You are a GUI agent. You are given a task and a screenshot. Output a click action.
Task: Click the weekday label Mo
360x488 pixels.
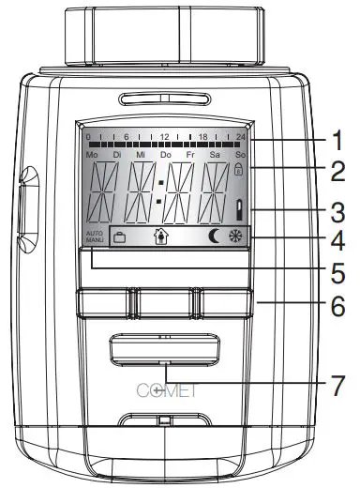tap(91, 154)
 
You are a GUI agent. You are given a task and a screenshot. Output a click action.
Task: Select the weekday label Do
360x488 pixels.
tap(166, 154)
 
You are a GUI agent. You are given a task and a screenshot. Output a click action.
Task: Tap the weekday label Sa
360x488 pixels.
tap(216, 154)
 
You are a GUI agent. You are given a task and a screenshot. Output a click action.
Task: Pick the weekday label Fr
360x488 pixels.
tap(191, 154)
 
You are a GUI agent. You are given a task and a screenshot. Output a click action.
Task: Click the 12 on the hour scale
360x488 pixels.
tap(165, 136)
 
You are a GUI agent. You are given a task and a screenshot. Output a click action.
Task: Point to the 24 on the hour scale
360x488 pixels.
tap(240, 136)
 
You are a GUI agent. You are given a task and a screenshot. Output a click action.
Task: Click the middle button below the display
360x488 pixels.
tap(164, 302)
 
